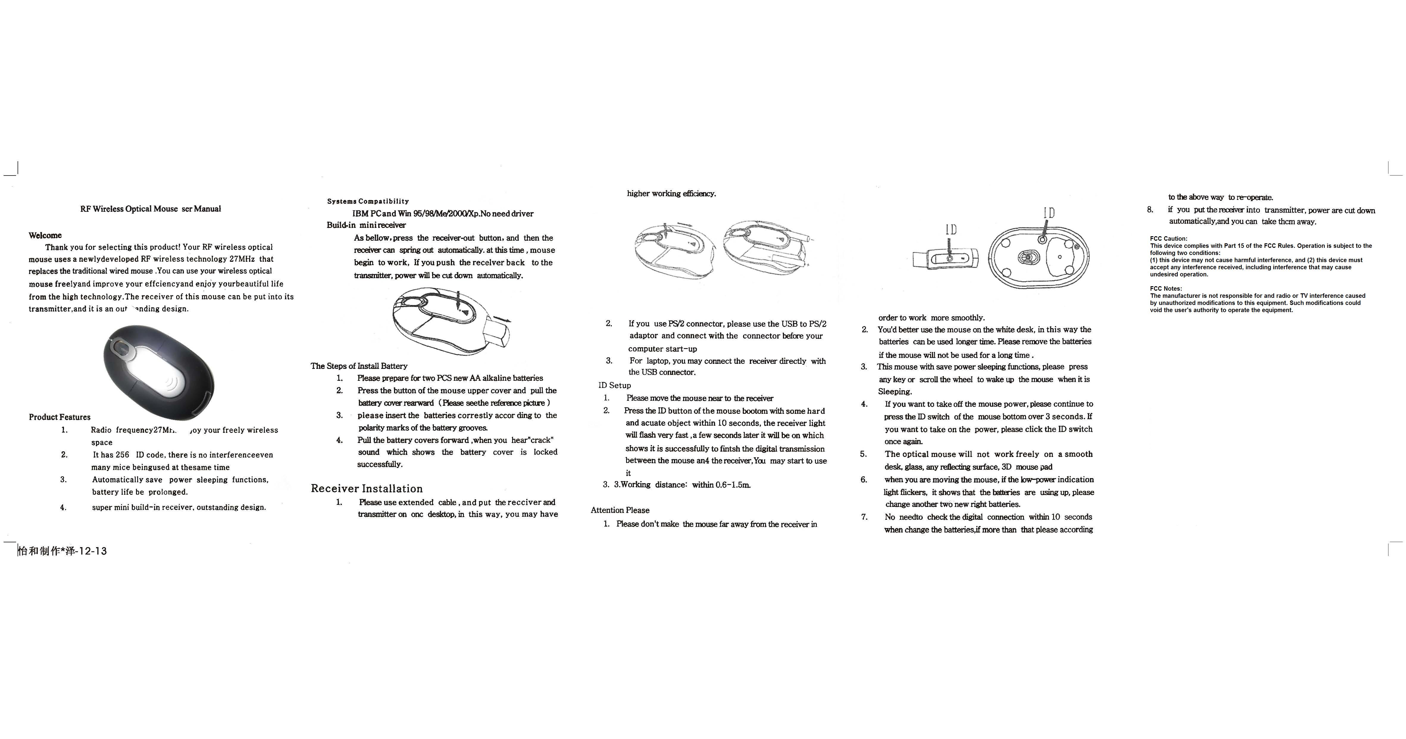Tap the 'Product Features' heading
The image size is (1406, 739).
pos(60,417)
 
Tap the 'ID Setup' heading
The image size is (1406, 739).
pos(614,385)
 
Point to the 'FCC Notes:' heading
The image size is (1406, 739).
pos(1166,289)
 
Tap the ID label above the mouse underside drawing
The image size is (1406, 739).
pos(1049,213)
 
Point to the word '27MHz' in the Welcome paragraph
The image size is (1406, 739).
pos(242,259)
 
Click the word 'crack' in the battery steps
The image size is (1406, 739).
pos(540,440)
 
